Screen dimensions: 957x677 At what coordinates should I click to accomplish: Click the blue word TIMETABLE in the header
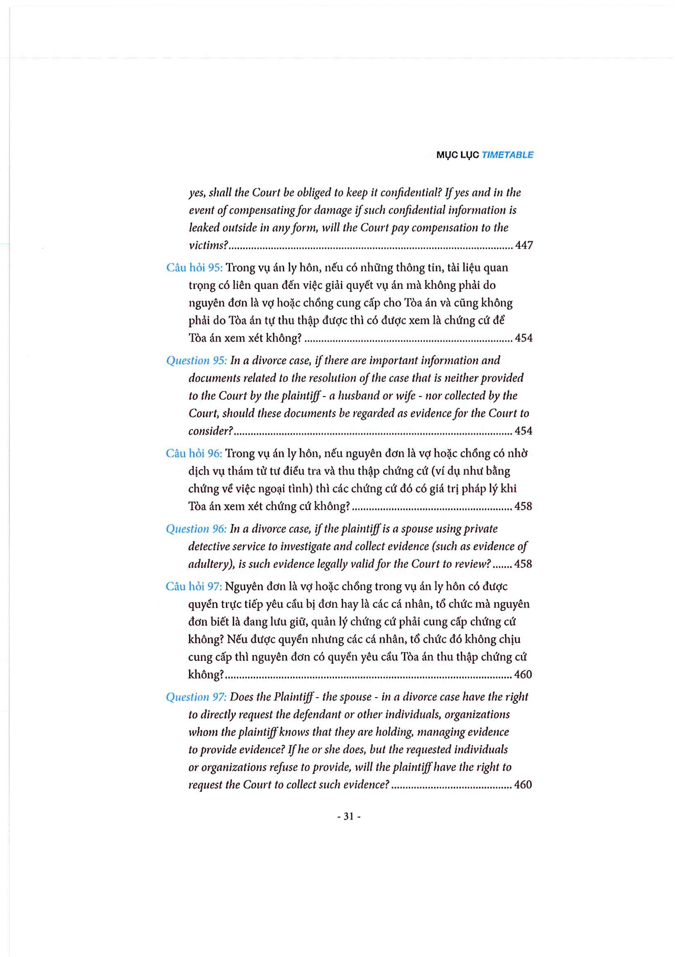pos(507,155)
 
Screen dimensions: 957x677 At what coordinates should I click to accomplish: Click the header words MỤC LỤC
pos(457,155)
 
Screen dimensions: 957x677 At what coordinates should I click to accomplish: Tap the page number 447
pos(524,245)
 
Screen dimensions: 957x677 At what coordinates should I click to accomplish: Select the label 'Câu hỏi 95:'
pos(194,268)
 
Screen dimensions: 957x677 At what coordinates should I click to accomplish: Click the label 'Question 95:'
pos(196,360)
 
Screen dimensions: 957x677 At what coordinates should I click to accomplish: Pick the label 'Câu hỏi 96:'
pos(194,453)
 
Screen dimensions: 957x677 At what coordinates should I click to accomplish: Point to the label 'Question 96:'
pos(196,529)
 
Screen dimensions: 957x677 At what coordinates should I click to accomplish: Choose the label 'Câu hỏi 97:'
pos(194,586)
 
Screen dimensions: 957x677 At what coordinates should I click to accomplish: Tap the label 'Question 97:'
pos(196,697)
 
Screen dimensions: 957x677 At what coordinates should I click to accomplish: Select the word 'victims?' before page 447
pos(208,245)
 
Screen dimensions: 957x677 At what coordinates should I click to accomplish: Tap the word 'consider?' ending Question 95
pos(210,431)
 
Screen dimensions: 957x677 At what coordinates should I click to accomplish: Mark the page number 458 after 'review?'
pos(523,564)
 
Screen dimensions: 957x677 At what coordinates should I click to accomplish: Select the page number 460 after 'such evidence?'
pos(523,785)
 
